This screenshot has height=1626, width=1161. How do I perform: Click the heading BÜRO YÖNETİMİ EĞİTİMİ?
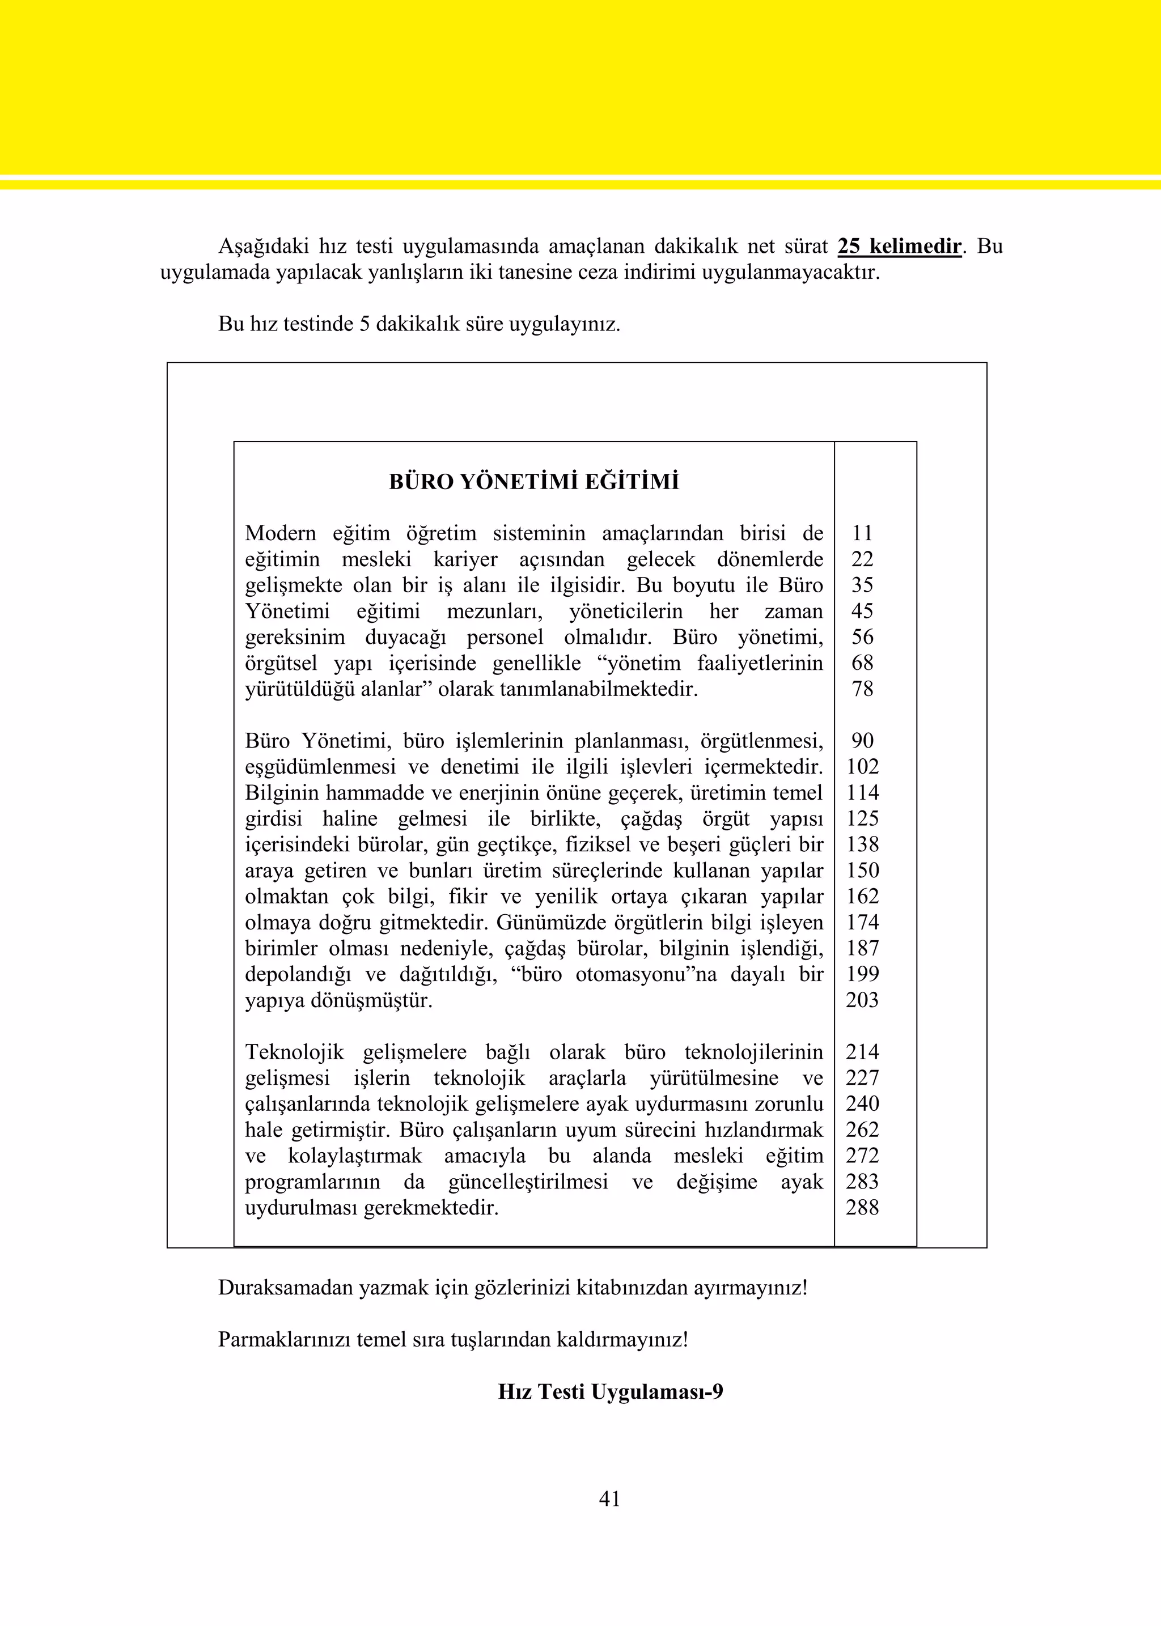coord(533,482)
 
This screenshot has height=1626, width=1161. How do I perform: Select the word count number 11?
coord(862,533)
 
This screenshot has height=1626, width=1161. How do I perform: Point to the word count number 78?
coord(862,689)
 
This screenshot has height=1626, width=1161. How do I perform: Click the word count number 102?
coord(862,767)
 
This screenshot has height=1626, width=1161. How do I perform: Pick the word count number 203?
coord(862,1000)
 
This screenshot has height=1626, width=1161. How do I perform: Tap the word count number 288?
coord(862,1208)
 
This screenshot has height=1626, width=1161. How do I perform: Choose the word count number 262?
coord(862,1130)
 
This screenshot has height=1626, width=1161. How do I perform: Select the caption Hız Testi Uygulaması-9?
coord(611,1391)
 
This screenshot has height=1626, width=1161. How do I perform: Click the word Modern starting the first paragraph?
coord(280,533)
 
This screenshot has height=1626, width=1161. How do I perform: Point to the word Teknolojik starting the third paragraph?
coord(295,1052)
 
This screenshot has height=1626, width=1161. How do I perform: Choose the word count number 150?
coord(862,871)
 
